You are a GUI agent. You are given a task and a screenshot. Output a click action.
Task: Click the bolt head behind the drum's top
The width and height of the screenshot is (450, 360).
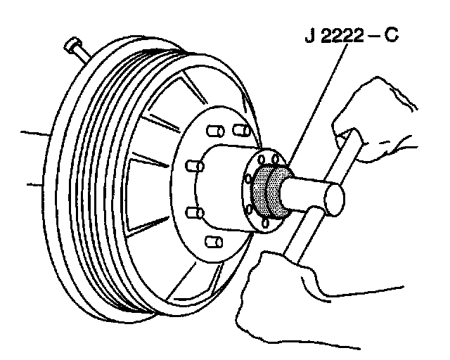(x=74, y=48)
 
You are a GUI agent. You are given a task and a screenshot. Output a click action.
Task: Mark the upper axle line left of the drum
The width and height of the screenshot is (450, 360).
(x=35, y=131)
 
